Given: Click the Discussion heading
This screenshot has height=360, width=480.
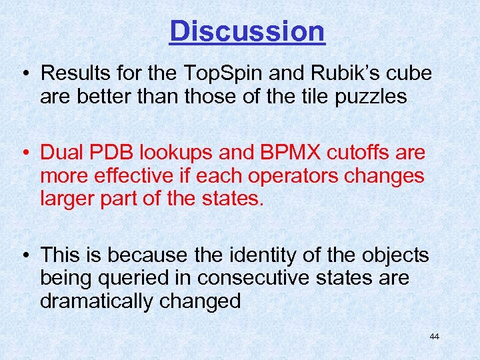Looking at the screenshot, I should point(247,31).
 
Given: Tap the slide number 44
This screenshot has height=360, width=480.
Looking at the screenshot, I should point(434,337).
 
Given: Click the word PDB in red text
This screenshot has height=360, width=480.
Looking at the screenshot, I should point(107,153).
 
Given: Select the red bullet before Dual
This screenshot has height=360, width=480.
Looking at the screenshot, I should point(25,153).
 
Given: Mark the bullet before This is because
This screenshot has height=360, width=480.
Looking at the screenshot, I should point(25,255).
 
